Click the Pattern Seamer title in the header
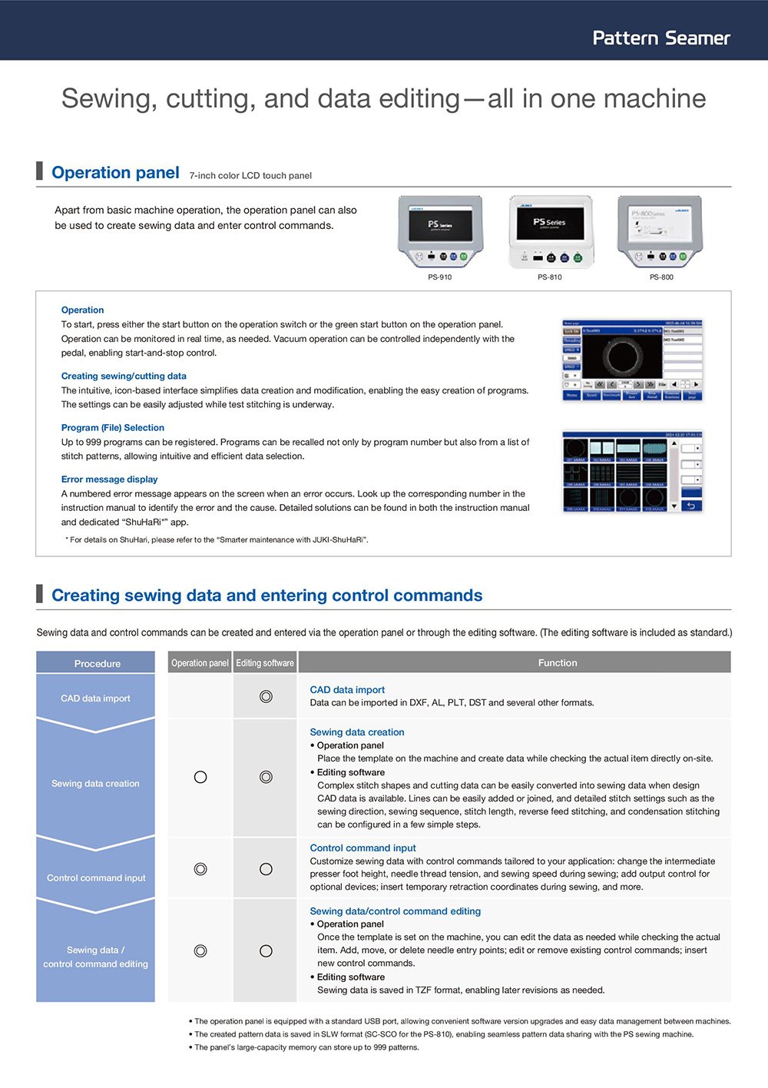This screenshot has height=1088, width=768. (660, 38)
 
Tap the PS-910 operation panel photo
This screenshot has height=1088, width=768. (440, 231)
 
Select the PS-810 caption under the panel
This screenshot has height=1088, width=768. (549, 277)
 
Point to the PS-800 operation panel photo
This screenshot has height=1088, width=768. (660, 231)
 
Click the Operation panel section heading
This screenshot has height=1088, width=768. (115, 173)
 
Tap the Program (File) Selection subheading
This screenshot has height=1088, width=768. (113, 428)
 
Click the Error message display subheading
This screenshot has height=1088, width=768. (109, 479)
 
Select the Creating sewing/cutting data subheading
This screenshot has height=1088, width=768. (124, 376)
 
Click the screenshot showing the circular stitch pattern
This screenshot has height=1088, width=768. (632, 360)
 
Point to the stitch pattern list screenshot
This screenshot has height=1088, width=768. (632, 471)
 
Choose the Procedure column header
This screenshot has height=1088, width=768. (97, 663)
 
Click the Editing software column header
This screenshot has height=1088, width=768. (265, 663)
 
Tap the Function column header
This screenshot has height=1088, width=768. (558, 663)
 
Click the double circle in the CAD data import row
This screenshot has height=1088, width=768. (266, 696)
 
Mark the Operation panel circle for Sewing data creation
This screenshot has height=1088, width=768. (200, 777)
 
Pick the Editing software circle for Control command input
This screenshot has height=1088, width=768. (266, 869)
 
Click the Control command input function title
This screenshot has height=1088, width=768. (362, 848)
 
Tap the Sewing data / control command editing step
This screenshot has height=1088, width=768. (95, 957)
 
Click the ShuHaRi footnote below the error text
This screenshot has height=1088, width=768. (217, 540)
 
